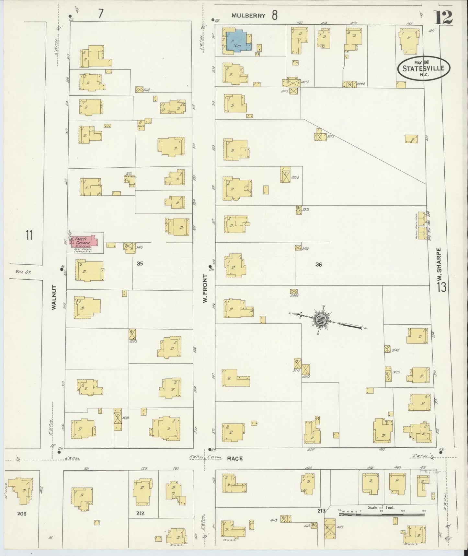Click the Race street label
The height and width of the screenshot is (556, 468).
coord(235,458)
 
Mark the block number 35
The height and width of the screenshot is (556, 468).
coord(140,264)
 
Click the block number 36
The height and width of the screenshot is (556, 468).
coord(318,264)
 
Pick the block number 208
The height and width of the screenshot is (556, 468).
coord(22,514)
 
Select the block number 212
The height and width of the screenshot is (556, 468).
coord(140,513)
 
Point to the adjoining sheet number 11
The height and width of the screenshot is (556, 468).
coord(29,235)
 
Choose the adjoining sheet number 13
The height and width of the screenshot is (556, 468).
coord(441,287)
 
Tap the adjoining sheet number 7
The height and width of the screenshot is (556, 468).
coord(101,14)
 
